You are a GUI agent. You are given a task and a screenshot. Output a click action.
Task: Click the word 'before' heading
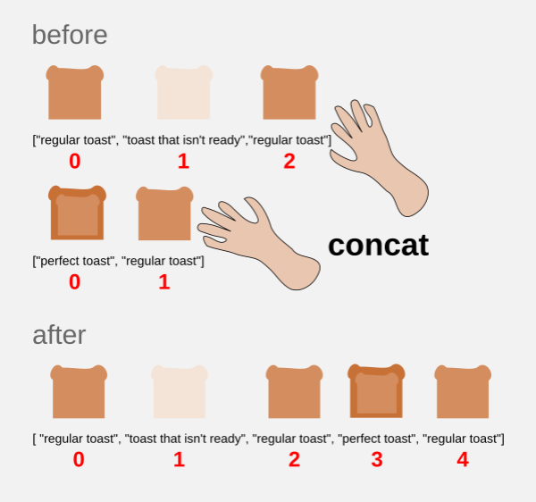point(70,35)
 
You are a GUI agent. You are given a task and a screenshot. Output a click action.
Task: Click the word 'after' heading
point(59,335)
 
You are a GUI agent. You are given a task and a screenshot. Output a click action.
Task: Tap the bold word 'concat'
point(378,245)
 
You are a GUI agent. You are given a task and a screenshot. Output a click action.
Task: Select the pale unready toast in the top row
point(184,92)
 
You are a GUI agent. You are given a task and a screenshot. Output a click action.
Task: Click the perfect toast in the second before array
point(78,213)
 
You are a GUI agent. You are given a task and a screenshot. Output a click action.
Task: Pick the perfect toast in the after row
point(376,391)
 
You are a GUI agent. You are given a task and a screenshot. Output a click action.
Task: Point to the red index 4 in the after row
point(462,460)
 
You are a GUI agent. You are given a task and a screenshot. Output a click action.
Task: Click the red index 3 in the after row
point(376,460)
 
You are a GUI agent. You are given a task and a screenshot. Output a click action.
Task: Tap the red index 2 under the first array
point(289,162)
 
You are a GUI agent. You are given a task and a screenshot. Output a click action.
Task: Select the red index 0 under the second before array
point(74,282)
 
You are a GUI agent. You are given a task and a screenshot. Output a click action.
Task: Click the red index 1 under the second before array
point(164,282)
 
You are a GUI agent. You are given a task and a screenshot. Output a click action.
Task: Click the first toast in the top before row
point(75,92)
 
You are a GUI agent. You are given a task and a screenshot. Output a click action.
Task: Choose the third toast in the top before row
point(289,92)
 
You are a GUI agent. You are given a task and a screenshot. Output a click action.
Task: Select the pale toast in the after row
point(180,391)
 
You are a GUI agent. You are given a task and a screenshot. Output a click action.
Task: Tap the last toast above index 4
point(462,391)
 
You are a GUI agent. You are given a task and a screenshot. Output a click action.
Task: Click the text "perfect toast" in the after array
point(377,439)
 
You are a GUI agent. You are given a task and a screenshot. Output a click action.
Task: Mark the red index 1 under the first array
point(183,162)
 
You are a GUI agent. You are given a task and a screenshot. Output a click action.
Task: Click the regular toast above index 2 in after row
point(294,391)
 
